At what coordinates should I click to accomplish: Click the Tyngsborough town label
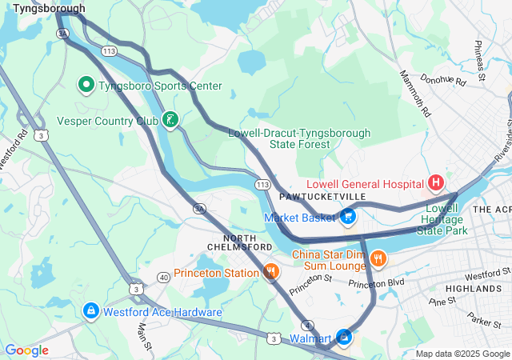(x=49, y=8)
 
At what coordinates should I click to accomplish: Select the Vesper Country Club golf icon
(x=170, y=120)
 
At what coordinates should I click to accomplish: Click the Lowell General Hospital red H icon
(x=436, y=183)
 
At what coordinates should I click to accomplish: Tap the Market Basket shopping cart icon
(x=348, y=215)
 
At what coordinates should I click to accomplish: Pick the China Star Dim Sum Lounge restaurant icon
(x=378, y=258)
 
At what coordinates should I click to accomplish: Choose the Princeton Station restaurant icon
(x=271, y=272)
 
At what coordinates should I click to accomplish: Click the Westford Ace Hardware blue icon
(x=90, y=310)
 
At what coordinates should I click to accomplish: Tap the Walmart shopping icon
(x=344, y=338)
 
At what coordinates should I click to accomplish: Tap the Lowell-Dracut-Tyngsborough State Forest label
(x=299, y=138)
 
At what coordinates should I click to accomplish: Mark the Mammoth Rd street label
(x=414, y=93)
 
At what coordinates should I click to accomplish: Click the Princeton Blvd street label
(x=377, y=282)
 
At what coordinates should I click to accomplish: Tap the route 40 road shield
(x=162, y=277)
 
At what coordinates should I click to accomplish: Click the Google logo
(x=26, y=350)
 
